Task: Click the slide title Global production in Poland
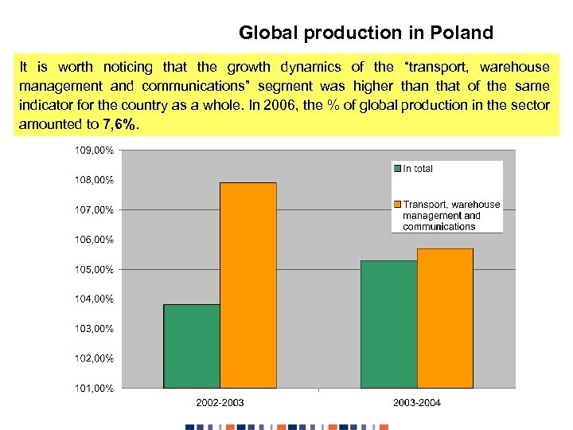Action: click(366, 33)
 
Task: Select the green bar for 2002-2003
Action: click(192, 346)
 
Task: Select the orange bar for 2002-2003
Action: click(248, 285)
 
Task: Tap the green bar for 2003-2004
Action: click(388, 324)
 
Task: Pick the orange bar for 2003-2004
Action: click(445, 318)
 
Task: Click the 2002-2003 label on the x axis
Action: click(220, 402)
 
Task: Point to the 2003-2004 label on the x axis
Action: click(416, 402)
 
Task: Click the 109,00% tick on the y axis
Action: click(95, 150)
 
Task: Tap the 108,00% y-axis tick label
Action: click(95, 180)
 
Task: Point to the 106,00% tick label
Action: click(95, 239)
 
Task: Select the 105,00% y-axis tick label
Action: click(95, 269)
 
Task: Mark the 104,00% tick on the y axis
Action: click(95, 299)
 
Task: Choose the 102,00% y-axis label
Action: click(95, 358)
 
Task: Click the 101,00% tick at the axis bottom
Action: click(95, 388)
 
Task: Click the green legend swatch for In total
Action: click(397, 169)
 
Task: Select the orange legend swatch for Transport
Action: click(397, 205)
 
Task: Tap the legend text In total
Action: click(418, 169)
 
